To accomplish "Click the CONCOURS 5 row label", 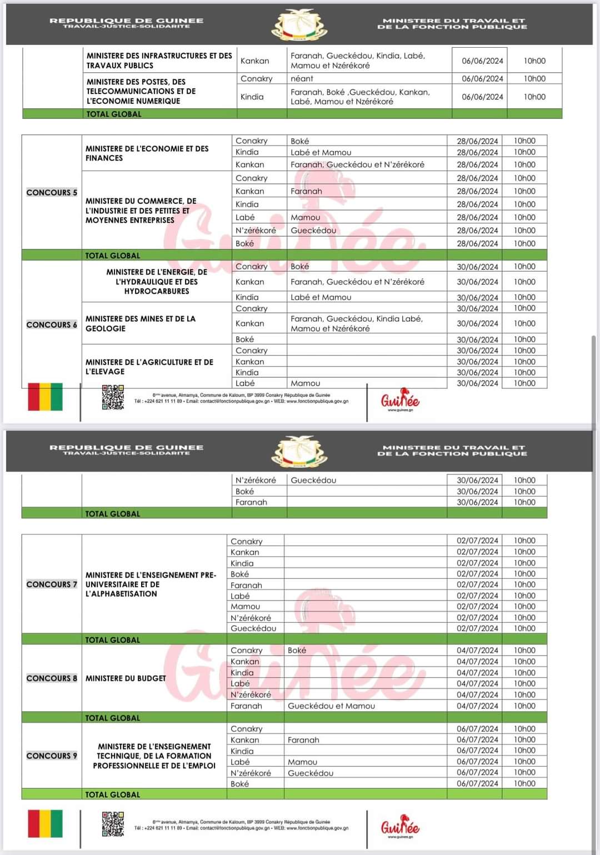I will pos(52,192).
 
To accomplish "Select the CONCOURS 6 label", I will pos(52,324).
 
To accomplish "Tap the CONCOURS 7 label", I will pos(52,584).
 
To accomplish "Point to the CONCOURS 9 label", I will pos(52,756).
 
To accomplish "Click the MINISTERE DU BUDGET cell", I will pos(126,678).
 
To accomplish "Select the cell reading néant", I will pos(302,78).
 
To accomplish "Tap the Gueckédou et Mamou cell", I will pos(331,706).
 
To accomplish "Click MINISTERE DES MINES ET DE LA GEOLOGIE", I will pos(141,323).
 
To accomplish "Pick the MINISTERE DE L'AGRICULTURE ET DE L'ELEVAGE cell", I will pos(149,367).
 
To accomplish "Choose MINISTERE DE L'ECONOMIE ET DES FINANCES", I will pos(147,153).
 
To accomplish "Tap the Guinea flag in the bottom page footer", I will pos(45,823).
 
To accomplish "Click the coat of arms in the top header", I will pos(299,25).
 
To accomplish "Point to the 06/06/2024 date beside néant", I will pos(482,78).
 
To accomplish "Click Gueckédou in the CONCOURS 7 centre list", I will pos(253,628).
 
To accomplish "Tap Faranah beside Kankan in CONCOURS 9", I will pos(303,739).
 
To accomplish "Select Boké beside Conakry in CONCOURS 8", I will pos(297,650).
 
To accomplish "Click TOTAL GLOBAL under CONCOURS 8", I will pos(112,717).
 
